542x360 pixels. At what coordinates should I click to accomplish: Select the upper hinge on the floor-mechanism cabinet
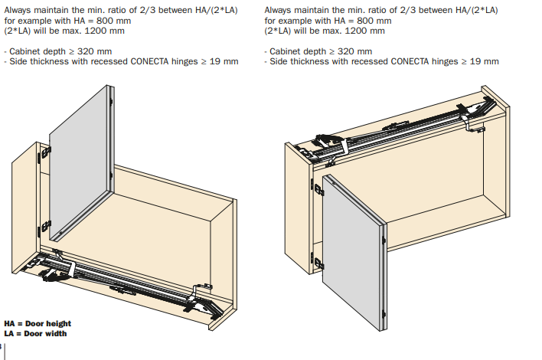44,153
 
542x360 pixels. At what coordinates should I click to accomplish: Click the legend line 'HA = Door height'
38,324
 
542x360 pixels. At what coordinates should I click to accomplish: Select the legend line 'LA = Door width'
35,333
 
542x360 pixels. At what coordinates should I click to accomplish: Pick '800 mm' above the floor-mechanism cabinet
114,21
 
